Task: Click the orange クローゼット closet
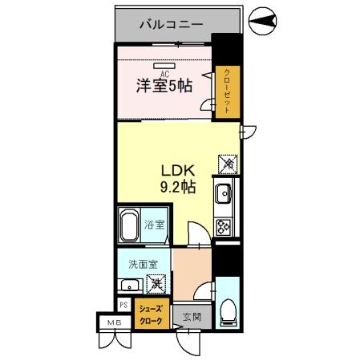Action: [x=228, y=91]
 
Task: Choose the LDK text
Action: [x=177, y=170]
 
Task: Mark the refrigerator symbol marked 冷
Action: [x=228, y=164]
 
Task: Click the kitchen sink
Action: [x=223, y=194]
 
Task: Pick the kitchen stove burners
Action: [x=224, y=227]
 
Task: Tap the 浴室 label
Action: [x=154, y=225]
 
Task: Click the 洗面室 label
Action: [x=132, y=264]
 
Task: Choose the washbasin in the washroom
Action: [x=128, y=285]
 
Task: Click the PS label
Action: [x=123, y=305]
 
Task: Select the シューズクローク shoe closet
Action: [x=152, y=314]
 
